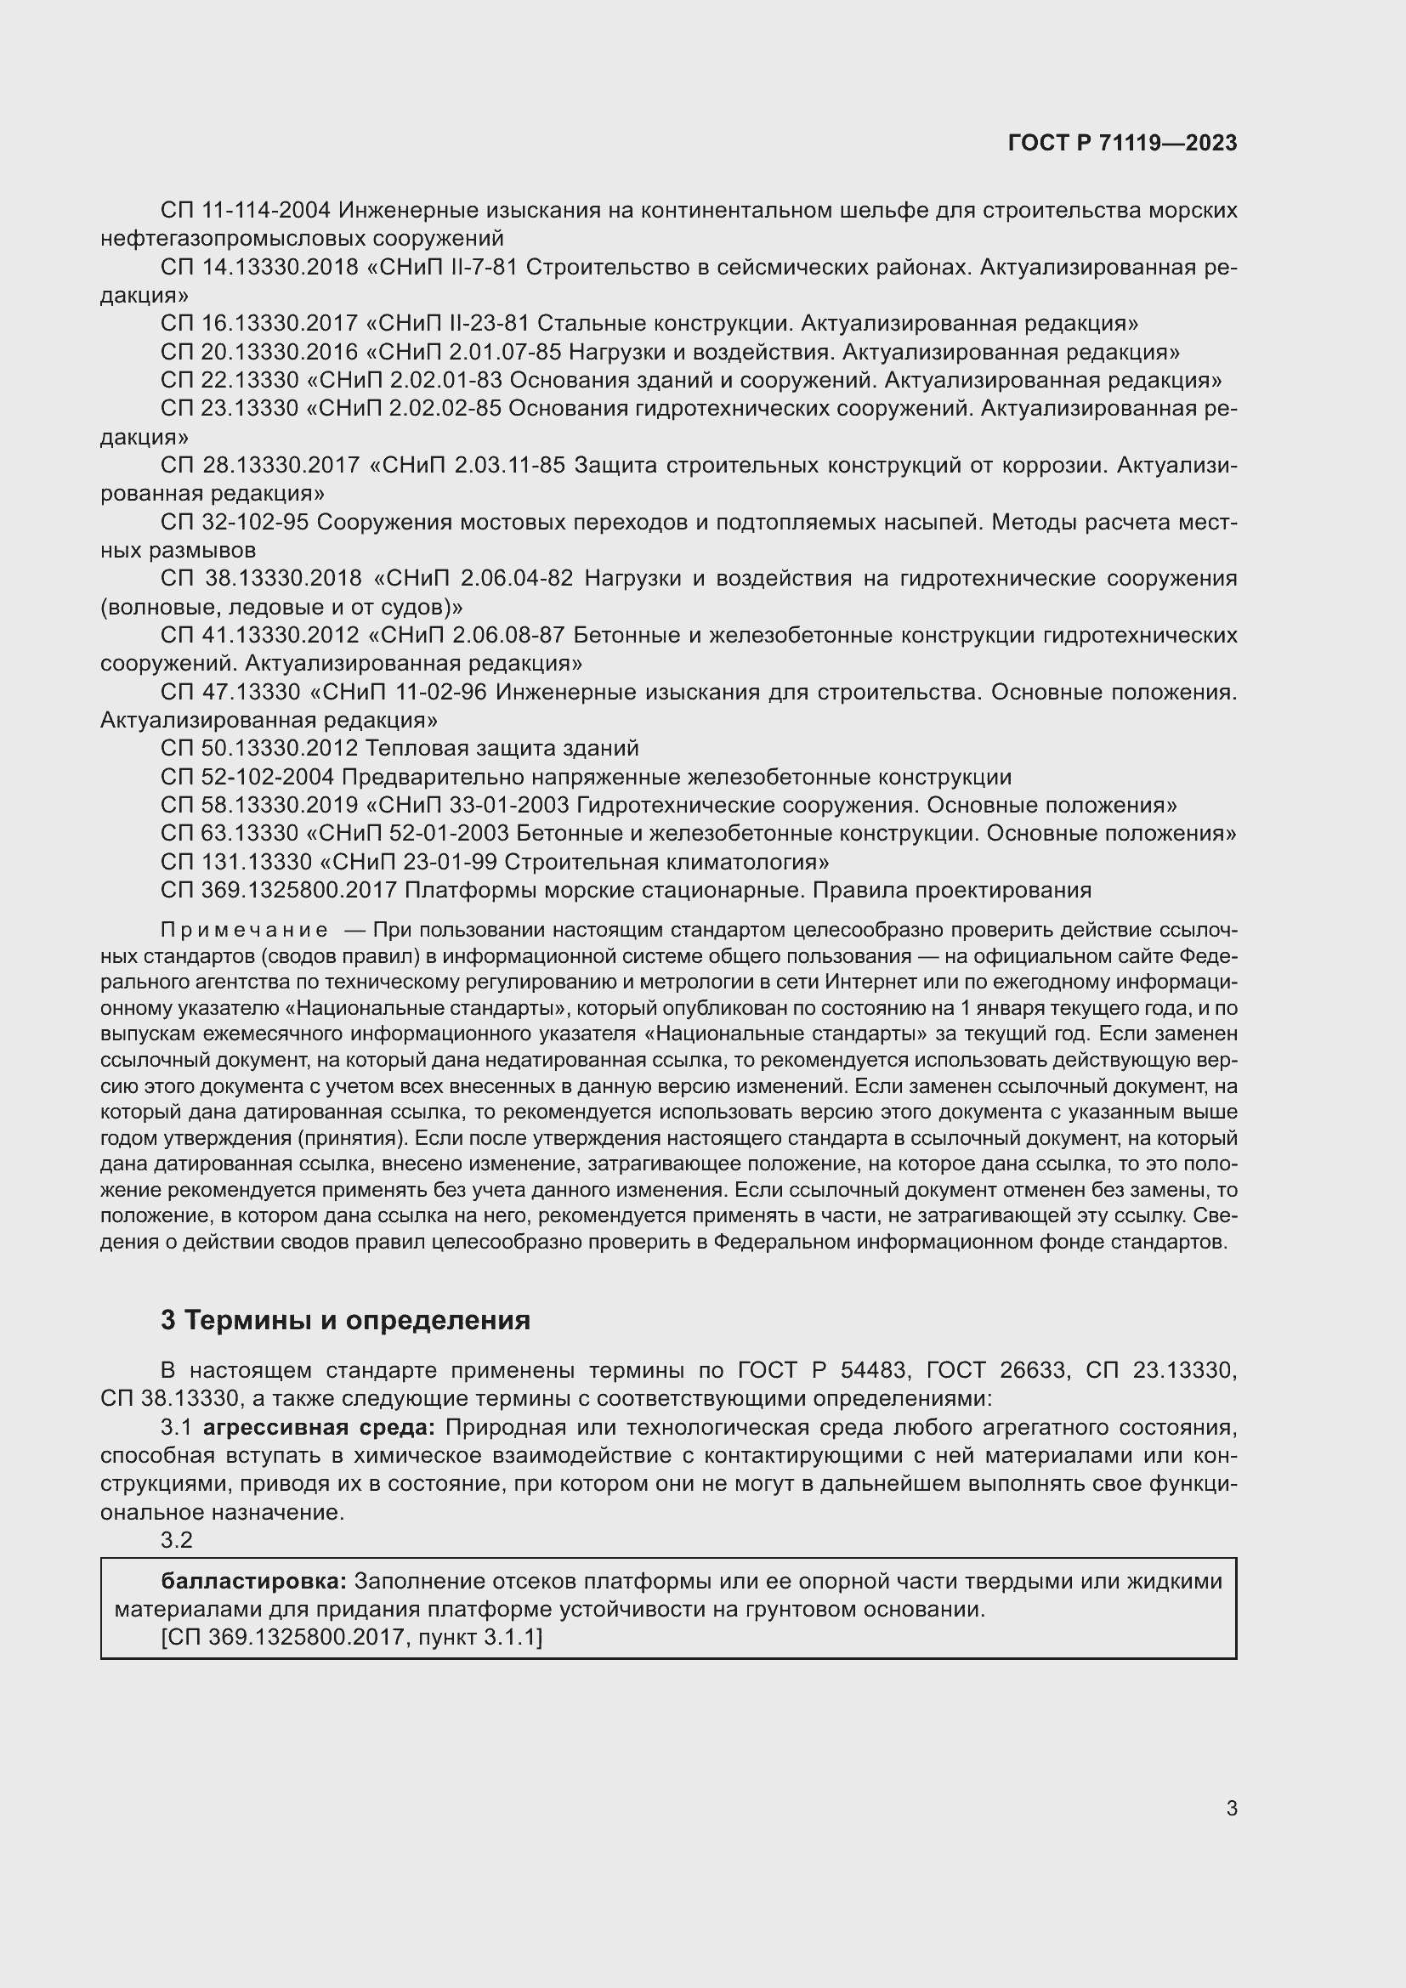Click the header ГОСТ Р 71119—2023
1122,143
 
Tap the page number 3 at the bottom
1231,1808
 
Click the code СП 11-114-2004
245,211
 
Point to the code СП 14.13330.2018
259,268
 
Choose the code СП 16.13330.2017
259,324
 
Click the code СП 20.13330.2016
259,353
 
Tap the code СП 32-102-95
235,522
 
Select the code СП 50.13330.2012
259,748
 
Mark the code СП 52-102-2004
247,777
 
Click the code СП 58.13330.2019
259,805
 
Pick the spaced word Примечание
244,930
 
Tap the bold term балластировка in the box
252,1581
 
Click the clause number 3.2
176,1539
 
